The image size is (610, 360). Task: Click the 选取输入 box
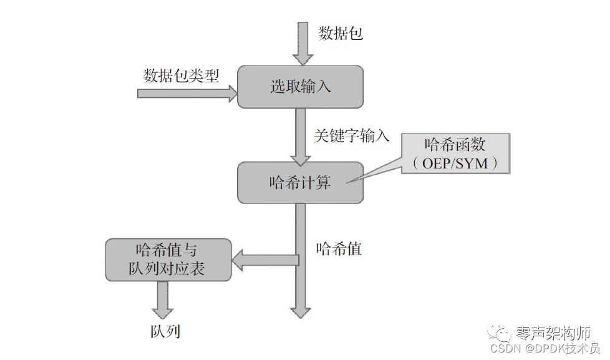[x=300, y=87]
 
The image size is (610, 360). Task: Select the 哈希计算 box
[x=300, y=183]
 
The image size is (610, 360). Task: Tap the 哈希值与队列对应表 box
[x=167, y=260]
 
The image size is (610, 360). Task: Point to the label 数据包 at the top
[x=341, y=33]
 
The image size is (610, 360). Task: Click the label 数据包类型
[x=181, y=76]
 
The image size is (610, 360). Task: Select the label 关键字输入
[x=352, y=135]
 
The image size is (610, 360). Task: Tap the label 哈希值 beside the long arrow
[x=339, y=249]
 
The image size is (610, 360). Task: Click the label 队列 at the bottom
[x=165, y=330]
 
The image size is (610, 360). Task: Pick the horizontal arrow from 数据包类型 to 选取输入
[x=187, y=94]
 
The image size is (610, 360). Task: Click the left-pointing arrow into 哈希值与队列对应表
[x=265, y=259]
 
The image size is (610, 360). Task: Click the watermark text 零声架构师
[x=553, y=333]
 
